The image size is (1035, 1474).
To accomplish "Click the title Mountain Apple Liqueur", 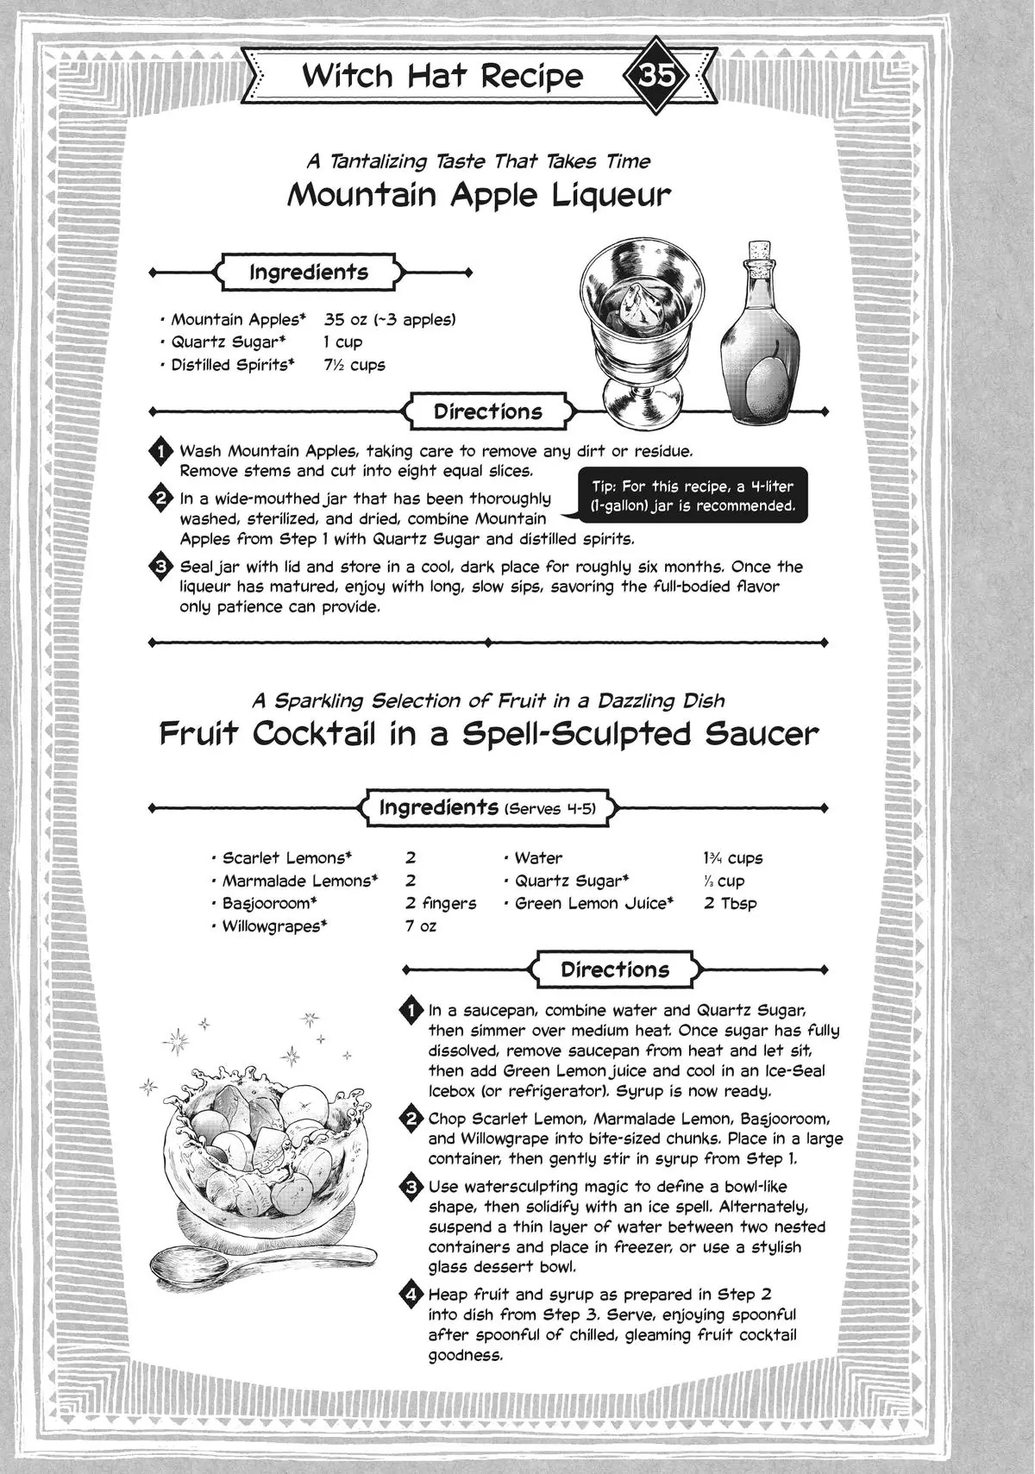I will (x=479, y=195).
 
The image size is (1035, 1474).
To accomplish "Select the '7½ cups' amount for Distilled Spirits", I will (x=354, y=365).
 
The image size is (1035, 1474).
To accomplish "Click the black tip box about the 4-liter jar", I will (x=693, y=497).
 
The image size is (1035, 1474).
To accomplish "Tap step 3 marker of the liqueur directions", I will (x=161, y=568).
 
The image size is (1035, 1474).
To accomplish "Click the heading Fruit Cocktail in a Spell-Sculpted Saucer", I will (x=489, y=734).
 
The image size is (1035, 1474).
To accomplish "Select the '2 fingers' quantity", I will (x=440, y=903).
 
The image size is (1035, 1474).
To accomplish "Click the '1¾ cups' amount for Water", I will (x=732, y=858).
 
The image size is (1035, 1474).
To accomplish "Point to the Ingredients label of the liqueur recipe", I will (x=309, y=273).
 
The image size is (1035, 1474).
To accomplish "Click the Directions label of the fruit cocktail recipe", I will (x=614, y=969).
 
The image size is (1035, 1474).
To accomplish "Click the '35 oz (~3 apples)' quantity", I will (x=389, y=320).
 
